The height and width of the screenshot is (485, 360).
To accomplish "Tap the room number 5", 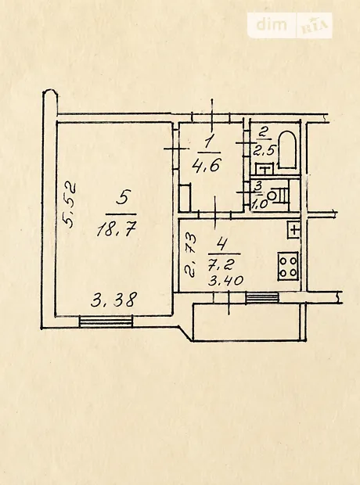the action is tap(122, 197).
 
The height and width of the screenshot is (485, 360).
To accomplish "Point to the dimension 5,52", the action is tap(70, 204).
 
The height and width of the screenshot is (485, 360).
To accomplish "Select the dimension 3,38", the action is tap(114, 300).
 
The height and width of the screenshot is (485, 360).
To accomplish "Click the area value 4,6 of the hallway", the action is tap(206, 165).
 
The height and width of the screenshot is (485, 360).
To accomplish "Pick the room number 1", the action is tap(208, 143).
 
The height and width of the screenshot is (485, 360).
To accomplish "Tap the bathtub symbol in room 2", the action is tap(287, 150).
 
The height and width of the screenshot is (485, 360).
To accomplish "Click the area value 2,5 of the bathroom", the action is tap(264, 151).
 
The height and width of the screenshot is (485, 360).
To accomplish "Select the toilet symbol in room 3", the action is tap(279, 196).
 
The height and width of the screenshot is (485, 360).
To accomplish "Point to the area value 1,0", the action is tap(260, 204).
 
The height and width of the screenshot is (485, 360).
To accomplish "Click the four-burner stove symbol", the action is tap(288, 266).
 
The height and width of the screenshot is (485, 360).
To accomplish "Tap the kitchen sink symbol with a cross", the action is tap(293, 230).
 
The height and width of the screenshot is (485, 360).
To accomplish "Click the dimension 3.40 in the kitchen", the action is tap(226, 281).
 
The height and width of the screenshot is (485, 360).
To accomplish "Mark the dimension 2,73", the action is tap(191, 256).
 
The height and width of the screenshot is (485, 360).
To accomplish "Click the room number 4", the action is tap(221, 244).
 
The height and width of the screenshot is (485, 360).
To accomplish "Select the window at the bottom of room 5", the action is tap(106, 322).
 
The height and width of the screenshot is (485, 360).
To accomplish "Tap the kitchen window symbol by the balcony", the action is tap(262, 297).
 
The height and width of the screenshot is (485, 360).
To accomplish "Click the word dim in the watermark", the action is tap(272, 24).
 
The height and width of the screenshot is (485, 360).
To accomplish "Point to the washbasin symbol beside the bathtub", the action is tap(265, 169).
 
